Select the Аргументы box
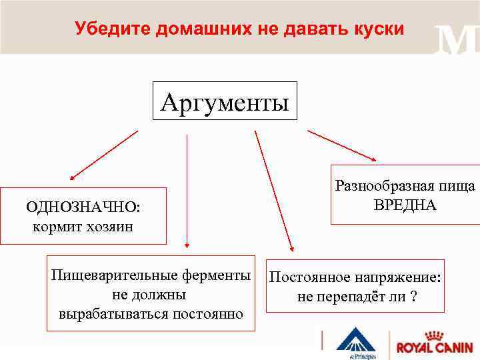(x=225, y=101)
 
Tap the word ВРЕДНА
(x=405, y=205)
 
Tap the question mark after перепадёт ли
(x=414, y=296)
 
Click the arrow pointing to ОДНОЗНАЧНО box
(x=103, y=155)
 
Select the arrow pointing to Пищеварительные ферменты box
(x=187, y=190)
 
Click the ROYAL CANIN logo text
(x=434, y=347)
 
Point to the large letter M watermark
(x=456, y=41)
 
